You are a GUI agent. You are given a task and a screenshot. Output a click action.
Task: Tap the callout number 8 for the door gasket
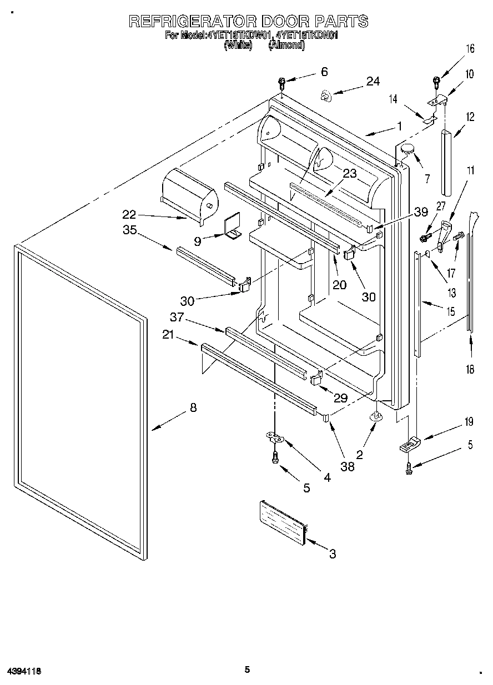tap(193, 407)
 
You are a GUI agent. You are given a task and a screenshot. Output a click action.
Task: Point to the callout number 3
tap(332, 553)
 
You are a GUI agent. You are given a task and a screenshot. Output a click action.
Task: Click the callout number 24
tap(373, 81)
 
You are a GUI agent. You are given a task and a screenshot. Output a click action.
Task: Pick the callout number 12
tap(470, 117)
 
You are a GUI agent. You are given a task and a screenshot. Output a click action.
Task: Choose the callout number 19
tap(469, 422)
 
